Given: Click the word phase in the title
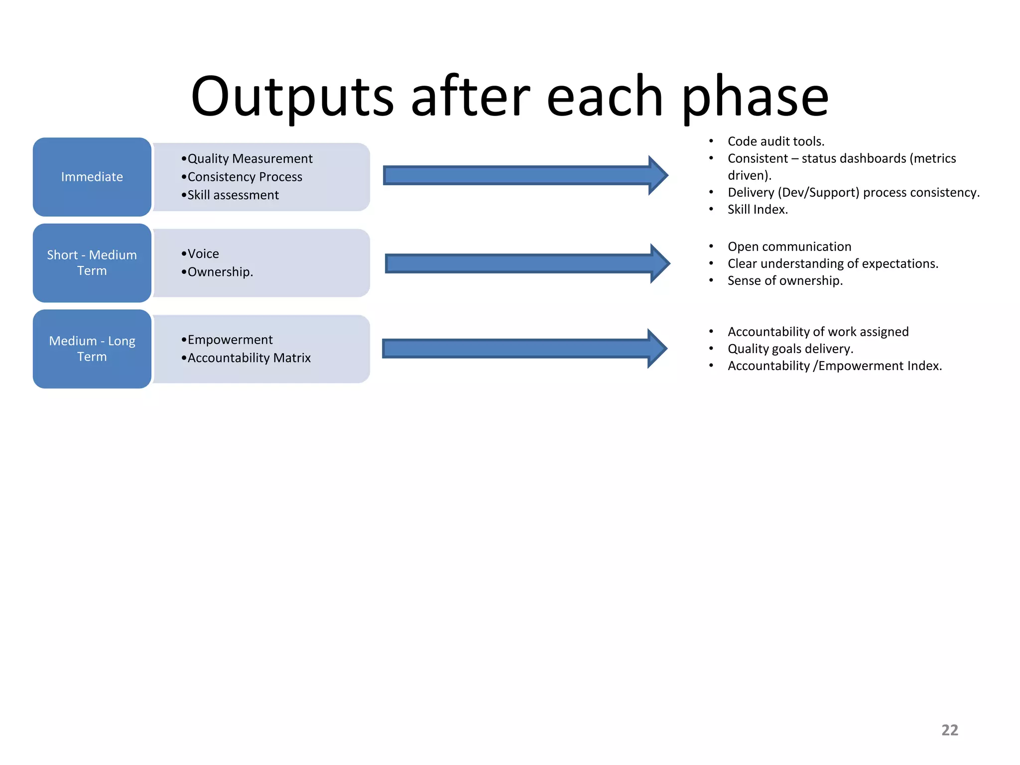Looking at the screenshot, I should [x=754, y=97].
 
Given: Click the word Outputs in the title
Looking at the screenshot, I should [x=293, y=97].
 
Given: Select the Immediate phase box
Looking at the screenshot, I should [x=92, y=177].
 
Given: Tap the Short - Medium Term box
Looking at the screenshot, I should [x=92, y=263].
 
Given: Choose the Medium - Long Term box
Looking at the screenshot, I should [x=92, y=349].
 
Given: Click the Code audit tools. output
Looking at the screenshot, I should [x=775, y=141].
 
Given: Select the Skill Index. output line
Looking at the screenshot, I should [x=757, y=210].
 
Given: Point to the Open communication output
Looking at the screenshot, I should [x=789, y=247].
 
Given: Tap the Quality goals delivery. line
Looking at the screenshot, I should [x=790, y=349].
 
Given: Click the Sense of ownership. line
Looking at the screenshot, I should [x=784, y=281].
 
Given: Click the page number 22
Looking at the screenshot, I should [x=949, y=730].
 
